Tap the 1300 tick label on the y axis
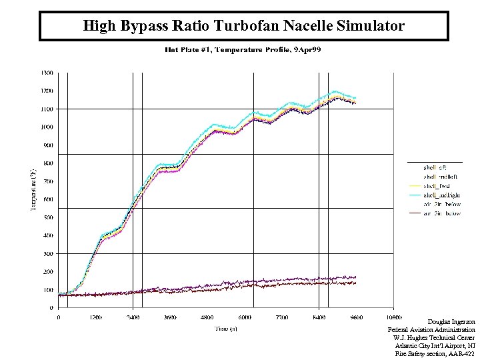point(47,72)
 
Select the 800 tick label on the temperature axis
point(49,163)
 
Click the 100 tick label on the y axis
point(49,290)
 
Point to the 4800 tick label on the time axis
point(208,317)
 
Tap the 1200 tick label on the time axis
point(95,317)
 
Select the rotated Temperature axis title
point(32,190)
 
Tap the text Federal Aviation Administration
point(431,330)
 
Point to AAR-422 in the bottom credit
point(463,354)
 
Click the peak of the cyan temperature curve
point(335,91)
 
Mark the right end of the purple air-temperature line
point(356,276)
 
